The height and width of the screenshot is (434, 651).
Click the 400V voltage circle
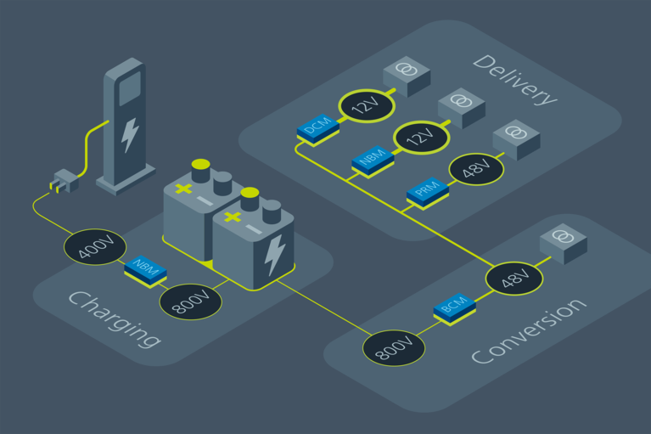[95, 247]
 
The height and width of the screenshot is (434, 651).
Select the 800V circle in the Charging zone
[190, 302]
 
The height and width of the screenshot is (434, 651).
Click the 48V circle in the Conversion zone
[514, 278]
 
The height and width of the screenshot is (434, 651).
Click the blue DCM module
[317, 129]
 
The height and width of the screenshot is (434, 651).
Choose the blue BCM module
[454, 307]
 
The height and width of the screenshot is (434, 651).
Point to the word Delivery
[515, 79]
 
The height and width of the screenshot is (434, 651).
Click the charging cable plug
[63, 180]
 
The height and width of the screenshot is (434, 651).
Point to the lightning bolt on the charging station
[130, 134]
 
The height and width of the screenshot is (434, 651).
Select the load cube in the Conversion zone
[564, 243]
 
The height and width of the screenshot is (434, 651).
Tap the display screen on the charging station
[130, 87]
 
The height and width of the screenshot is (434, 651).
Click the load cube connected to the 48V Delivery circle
[516, 138]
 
